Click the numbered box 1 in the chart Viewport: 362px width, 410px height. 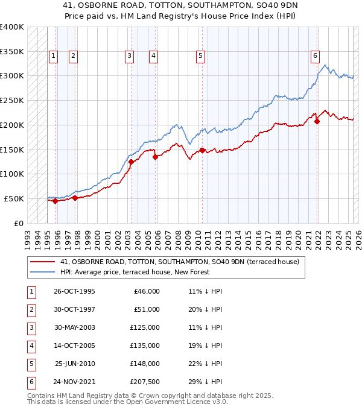pos(53,56)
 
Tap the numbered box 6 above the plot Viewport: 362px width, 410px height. pos(315,56)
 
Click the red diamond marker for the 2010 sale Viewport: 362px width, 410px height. pos(202,150)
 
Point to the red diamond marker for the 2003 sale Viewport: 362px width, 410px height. pos(131,162)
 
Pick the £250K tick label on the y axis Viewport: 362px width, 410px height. pos(12,100)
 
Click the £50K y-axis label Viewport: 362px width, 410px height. pos(14,198)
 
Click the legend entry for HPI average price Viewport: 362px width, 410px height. pos(134,273)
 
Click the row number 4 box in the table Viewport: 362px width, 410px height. pos(30,345)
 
